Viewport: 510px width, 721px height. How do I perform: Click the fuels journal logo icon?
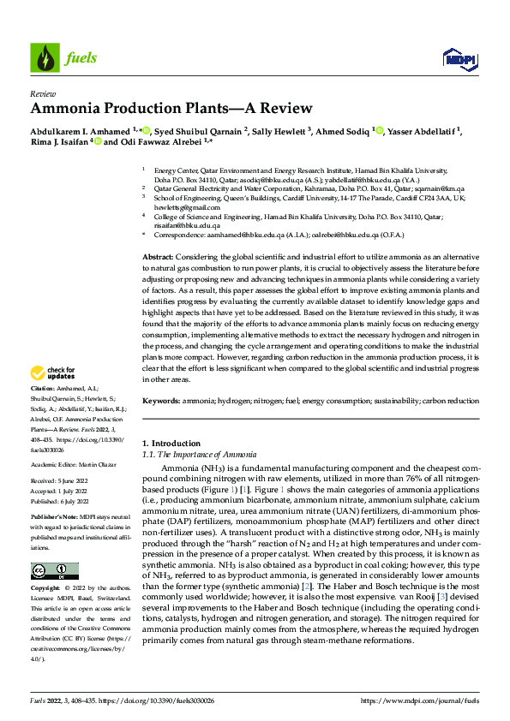45,57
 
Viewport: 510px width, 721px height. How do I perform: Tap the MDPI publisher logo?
455,57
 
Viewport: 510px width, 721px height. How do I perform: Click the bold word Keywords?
161,400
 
